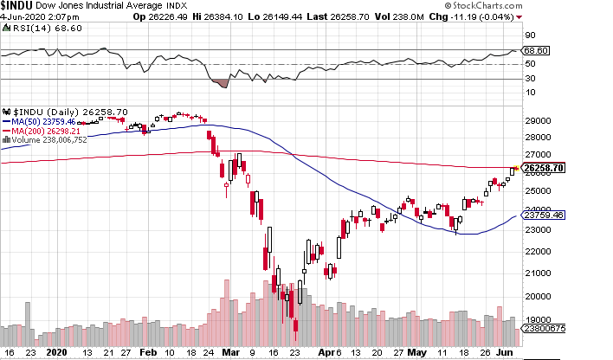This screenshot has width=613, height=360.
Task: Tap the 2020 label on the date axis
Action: tap(57, 352)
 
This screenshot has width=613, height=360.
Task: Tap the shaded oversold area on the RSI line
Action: tap(220, 83)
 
